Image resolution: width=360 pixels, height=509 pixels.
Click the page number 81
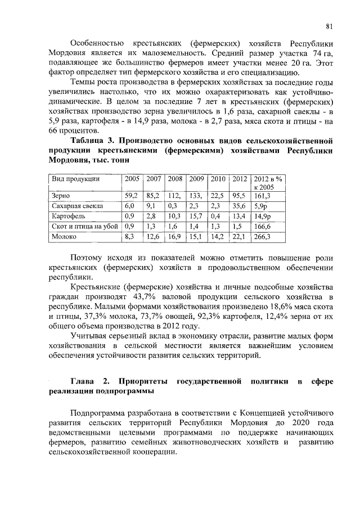(x=330, y=25)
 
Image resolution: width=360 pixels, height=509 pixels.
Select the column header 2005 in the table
(x=132, y=178)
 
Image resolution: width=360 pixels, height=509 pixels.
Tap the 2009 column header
(x=196, y=178)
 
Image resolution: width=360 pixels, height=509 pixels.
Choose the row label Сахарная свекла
(x=73, y=206)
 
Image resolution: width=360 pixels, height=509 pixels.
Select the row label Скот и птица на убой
(x=84, y=226)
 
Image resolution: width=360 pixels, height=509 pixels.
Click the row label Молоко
(x=64, y=237)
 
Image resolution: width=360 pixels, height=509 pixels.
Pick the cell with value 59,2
(x=132, y=196)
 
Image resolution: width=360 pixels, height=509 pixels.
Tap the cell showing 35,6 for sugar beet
(x=240, y=206)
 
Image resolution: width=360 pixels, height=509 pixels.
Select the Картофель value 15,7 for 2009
(x=196, y=216)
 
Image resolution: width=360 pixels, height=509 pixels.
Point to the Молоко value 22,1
(x=240, y=237)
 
